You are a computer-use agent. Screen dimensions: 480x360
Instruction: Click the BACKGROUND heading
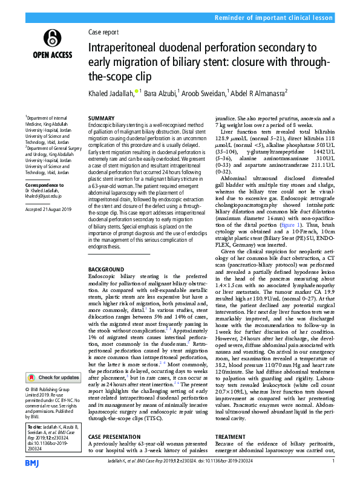106,268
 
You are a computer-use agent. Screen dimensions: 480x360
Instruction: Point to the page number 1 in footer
334,462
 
